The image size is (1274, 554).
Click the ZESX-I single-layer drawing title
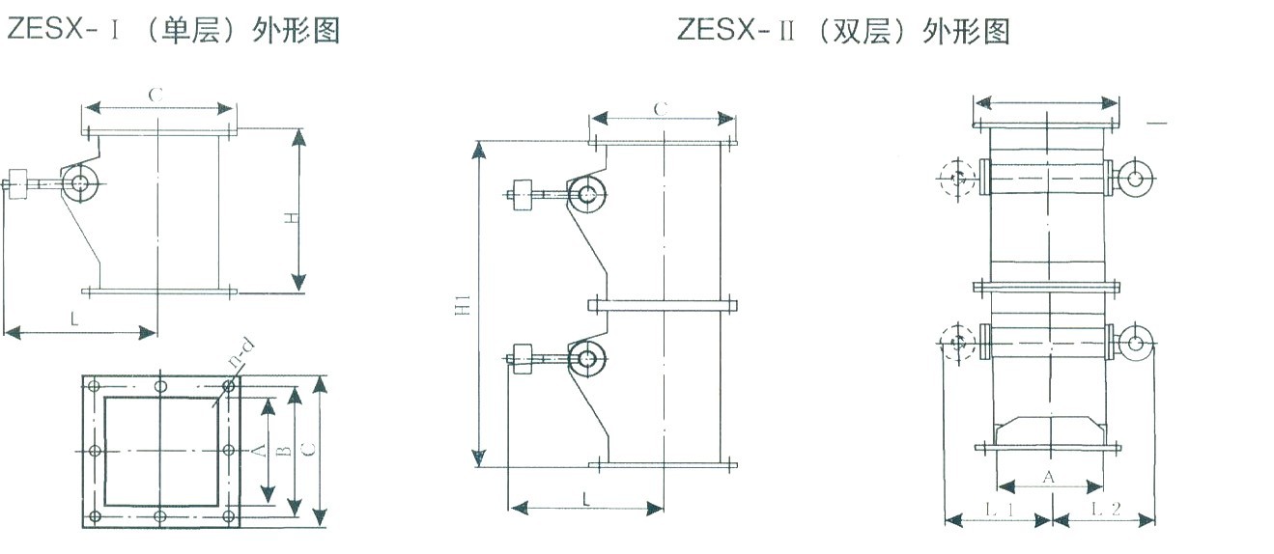tap(174, 31)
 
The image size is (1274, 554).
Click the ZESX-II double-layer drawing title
tap(843, 31)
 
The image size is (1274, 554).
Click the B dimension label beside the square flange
tap(282, 451)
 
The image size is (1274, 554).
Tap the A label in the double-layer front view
tap(1050, 477)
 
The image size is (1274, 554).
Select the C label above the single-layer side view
tap(155, 95)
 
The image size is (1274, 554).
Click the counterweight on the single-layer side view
tap(16, 181)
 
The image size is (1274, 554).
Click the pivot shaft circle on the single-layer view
tap(81, 180)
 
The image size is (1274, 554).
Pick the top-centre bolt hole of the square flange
tap(160, 386)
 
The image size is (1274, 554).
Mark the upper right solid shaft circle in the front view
tap(1134, 177)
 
